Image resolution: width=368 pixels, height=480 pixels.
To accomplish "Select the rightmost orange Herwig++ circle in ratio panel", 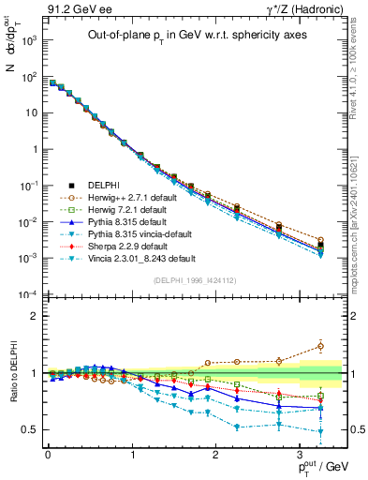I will (x=321, y=346).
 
